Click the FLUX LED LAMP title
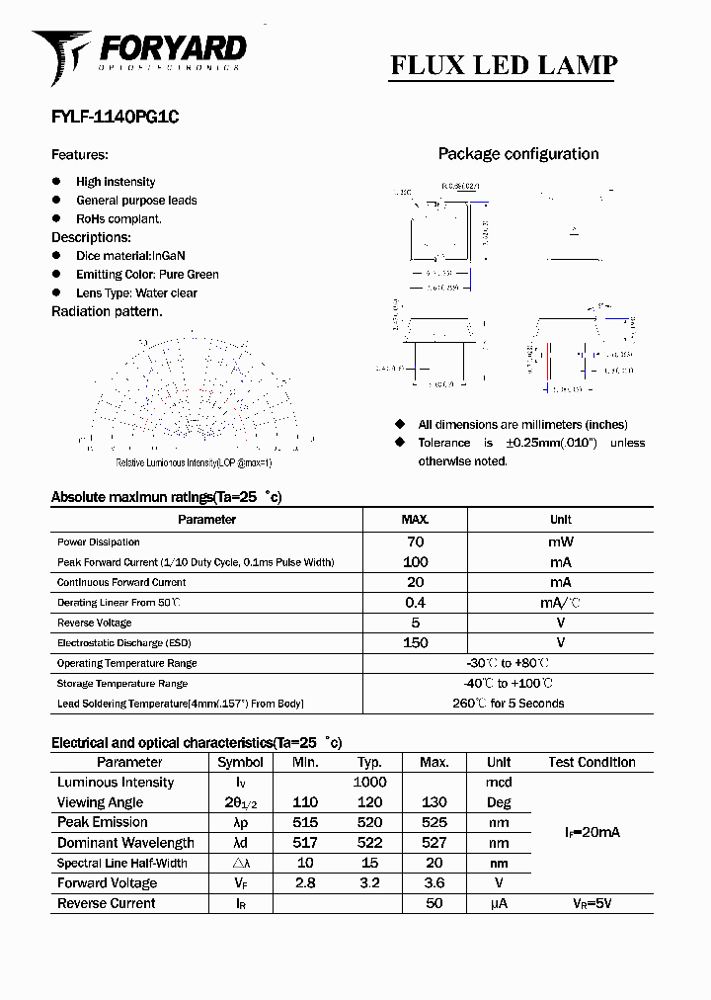[504, 65]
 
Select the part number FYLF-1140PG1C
[115, 116]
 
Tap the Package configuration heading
[518, 154]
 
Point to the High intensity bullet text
[116, 182]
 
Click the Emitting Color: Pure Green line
[147, 275]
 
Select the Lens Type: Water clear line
[136, 293]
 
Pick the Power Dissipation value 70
[415, 542]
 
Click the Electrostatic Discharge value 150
[415, 643]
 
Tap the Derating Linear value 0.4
[415, 603]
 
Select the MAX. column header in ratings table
[415, 520]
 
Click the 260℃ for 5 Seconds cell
[508, 704]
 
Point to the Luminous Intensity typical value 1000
[369, 783]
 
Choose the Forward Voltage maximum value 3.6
[434, 883]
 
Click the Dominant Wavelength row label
[125, 843]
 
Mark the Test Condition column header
[592, 762]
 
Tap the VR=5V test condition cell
[592, 903]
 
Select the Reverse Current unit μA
[499, 903]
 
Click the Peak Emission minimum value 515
[305, 822]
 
